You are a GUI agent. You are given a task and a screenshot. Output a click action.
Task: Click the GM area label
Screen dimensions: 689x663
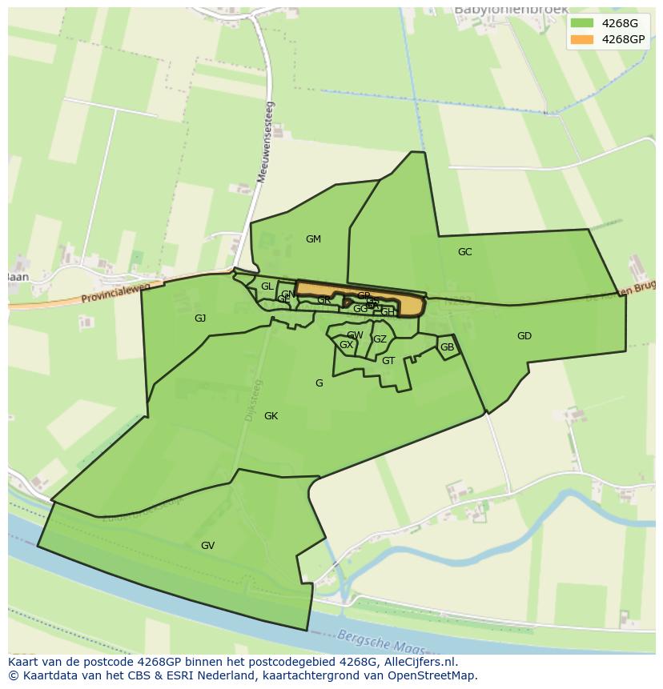point(313,239)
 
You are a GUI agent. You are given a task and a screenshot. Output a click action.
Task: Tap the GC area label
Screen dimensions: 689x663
point(464,252)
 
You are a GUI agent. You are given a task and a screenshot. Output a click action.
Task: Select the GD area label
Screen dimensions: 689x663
point(524,336)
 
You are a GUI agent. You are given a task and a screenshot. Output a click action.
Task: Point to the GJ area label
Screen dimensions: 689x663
point(200,318)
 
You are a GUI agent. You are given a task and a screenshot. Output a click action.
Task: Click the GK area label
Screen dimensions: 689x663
point(271,416)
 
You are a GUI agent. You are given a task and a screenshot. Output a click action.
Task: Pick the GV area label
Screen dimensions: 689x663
point(207,546)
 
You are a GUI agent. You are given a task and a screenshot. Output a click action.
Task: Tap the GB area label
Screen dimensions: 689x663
point(447,347)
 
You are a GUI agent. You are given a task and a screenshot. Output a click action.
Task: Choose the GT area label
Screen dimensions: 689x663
point(388,361)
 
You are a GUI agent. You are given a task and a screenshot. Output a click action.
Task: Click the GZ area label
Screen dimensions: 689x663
point(380,339)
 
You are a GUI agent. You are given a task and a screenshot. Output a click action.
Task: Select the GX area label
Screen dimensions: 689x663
point(346,345)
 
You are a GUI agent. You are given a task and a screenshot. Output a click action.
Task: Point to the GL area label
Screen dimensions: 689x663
point(267,286)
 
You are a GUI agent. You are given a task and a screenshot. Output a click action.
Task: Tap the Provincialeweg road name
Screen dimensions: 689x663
point(116,294)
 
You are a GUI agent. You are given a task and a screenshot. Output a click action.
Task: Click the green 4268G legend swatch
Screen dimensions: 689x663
point(582,22)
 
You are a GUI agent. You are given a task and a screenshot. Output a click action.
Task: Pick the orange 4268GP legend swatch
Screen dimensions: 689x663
point(582,39)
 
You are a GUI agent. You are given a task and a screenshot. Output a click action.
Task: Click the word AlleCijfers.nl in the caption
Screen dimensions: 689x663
point(417,662)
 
